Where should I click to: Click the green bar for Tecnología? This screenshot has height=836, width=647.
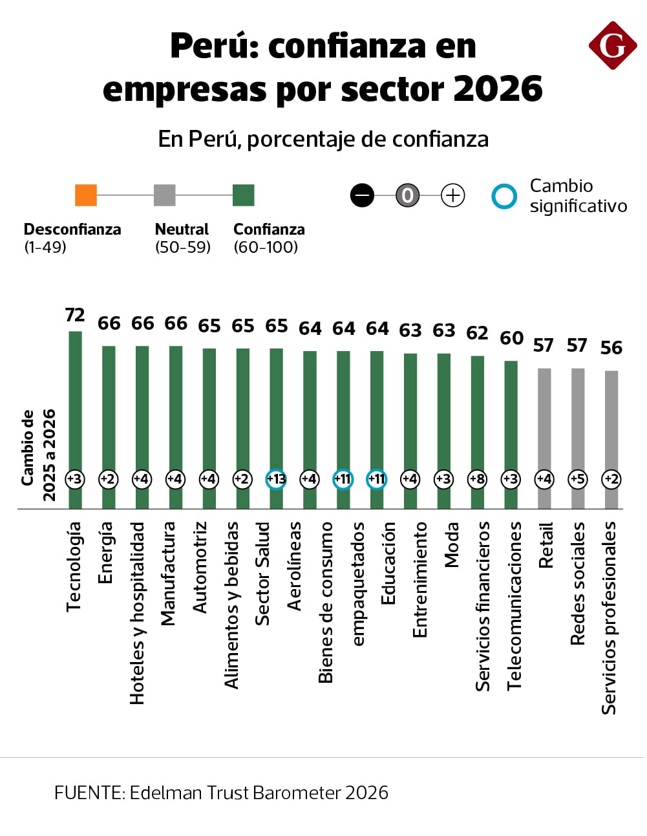click(75, 401)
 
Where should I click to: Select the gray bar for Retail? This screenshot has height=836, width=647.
click(544, 420)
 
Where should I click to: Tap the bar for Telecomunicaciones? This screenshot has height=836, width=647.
click(511, 414)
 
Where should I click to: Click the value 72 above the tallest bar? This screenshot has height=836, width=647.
click(75, 315)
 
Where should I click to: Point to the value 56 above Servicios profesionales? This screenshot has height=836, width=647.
click(611, 348)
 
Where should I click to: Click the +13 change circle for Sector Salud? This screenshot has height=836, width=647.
click(276, 479)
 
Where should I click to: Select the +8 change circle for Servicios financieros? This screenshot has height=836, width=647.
click(477, 479)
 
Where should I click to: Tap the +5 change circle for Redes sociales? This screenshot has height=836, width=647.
click(577, 479)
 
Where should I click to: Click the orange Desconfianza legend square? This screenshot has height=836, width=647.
click(86, 195)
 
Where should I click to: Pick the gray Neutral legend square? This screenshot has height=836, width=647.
click(165, 195)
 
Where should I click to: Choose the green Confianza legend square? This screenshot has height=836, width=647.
click(244, 195)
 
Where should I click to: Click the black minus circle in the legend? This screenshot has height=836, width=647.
click(362, 195)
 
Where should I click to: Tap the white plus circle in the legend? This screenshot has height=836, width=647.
click(452, 195)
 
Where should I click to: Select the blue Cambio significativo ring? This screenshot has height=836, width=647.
click(504, 197)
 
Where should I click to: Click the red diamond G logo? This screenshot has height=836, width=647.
click(612, 45)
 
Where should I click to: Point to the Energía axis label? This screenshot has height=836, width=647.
click(105, 552)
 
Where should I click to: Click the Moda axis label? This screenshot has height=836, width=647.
click(451, 544)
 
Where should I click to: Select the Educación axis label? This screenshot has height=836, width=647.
click(388, 563)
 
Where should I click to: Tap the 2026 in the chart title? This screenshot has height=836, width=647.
click(498, 89)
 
